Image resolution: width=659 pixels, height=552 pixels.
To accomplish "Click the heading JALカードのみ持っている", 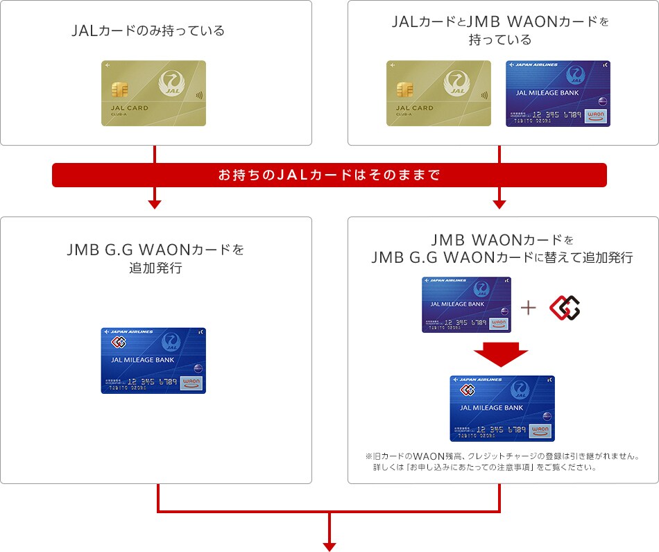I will (148, 31).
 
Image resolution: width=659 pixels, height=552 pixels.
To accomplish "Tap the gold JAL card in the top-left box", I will (154, 93).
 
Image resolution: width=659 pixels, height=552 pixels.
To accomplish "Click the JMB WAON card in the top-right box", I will (558, 93).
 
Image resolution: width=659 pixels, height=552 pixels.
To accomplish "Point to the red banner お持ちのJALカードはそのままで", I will (329, 175).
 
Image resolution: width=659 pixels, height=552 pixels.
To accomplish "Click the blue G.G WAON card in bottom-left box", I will (153, 361).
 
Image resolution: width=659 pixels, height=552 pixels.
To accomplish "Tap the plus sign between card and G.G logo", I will (529, 307).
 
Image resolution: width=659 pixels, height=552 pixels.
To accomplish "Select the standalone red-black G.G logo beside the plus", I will (564, 307).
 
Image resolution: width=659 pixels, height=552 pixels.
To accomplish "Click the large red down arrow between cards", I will (501, 354).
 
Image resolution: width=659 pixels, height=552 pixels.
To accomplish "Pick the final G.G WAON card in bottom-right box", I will (502, 408).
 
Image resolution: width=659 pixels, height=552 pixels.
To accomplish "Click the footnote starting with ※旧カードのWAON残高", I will (501, 462).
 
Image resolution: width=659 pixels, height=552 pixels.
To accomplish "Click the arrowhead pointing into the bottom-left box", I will (155, 204).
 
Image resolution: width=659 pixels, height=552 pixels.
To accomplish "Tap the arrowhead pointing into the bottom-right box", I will (499, 204).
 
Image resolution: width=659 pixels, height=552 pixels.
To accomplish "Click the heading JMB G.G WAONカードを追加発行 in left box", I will (155, 258).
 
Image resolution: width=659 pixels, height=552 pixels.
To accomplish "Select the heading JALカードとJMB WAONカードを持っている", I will (500, 31).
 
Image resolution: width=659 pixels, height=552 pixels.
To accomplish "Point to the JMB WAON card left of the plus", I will (466, 304).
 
